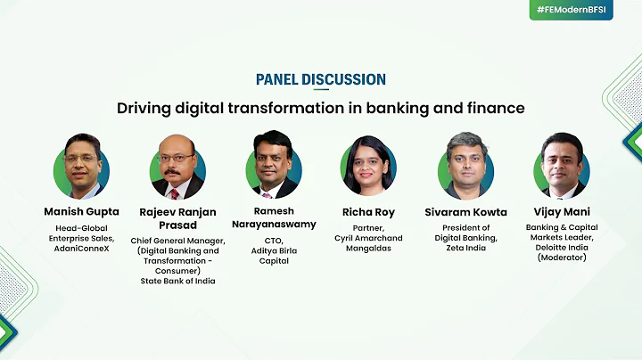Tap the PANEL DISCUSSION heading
tap(321, 79)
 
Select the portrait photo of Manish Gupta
tap(81, 168)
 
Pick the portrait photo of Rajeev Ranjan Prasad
tap(177, 168)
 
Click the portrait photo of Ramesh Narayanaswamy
tap(274, 168)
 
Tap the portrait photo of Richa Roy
tap(368, 168)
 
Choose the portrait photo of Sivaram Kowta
tap(465, 168)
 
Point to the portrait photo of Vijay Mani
tap(561, 168)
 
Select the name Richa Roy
tap(368, 212)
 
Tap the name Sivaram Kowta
tap(465, 212)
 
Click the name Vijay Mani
tap(561, 212)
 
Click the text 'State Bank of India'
tap(177, 282)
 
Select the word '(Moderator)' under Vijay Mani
tap(561, 258)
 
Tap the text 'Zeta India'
tap(465, 249)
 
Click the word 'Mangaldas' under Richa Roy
tap(368, 249)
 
